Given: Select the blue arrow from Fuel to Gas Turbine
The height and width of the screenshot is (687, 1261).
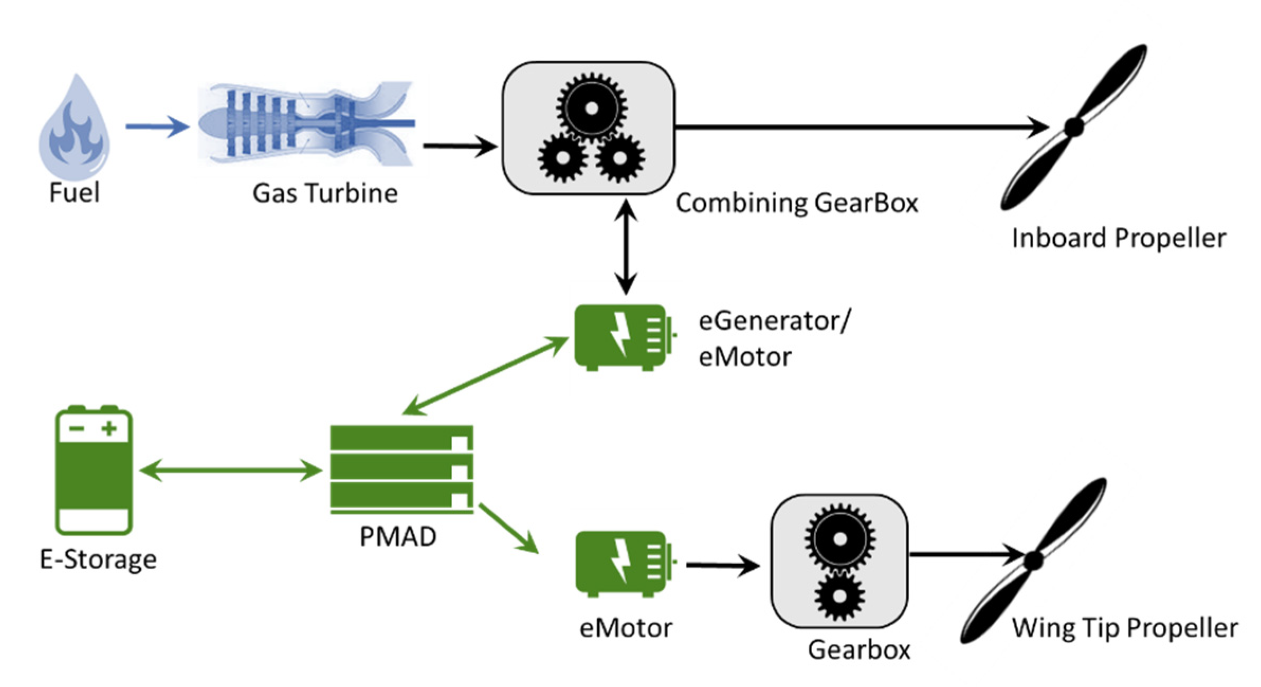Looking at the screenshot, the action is [x=158, y=126].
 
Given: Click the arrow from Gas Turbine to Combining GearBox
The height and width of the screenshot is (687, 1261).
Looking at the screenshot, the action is [x=460, y=145].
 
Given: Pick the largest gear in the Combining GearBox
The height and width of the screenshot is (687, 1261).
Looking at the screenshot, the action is [x=591, y=107].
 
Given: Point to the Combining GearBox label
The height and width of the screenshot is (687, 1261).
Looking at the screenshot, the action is [x=797, y=203].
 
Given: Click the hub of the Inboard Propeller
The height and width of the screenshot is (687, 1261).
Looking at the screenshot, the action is [x=1074, y=127].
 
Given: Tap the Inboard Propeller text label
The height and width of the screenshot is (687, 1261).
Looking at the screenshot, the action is [x=1119, y=239].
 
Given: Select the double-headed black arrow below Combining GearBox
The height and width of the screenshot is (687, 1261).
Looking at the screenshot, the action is [x=626, y=246].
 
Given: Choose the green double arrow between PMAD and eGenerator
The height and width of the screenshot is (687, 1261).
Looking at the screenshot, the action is [x=485, y=375].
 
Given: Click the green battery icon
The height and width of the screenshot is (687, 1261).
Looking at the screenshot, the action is [x=94, y=470].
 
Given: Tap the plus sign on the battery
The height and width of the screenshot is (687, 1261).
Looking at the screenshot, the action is [x=109, y=428].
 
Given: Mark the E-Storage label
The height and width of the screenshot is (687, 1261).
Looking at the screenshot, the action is [x=98, y=560].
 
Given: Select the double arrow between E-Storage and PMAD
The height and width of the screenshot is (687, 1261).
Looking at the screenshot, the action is [x=231, y=470].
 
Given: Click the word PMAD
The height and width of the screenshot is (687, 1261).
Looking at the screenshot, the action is [x=398, y=537].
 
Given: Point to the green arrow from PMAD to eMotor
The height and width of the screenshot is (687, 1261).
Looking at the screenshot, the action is [x=509, y=528].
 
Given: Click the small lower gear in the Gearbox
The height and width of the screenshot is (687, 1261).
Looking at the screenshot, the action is [x=839, y=596].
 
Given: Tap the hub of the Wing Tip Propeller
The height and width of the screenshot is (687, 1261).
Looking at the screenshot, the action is [x=1034, y=561].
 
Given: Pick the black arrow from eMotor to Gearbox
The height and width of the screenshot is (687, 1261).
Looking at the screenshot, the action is [x=723, y=565].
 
